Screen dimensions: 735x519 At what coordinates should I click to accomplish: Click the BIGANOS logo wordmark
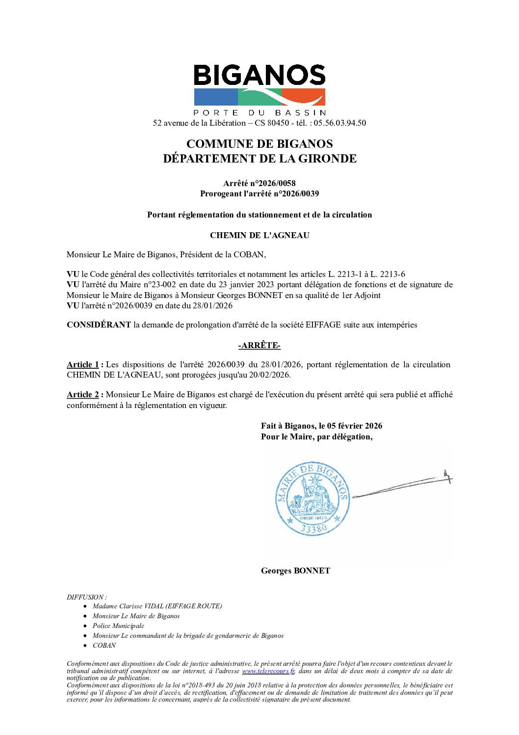click(259, 76)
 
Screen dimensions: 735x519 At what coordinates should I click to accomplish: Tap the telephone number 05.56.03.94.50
click(339, 123)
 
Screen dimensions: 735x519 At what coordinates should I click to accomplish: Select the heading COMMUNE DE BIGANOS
click(259, 144)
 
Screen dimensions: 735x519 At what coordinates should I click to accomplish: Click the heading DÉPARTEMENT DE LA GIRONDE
click(259, 159)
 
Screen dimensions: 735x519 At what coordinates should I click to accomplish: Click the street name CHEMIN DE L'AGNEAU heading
click(259, 235)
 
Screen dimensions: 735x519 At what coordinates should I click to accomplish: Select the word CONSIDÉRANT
click(99, 325)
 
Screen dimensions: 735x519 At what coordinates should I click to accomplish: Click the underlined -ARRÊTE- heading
click(259, 346)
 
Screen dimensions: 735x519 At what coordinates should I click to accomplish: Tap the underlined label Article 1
click(82, 364)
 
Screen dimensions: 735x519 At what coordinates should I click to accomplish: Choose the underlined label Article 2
click(82, 394)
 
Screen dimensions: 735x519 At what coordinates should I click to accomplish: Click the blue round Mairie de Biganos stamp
click(313, 498)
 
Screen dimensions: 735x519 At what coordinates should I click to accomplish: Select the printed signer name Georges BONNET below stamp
click(295, 571)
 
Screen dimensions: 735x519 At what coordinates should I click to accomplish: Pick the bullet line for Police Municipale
click(118, 626)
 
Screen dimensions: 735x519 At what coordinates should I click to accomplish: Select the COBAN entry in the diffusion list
click(104, 645)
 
